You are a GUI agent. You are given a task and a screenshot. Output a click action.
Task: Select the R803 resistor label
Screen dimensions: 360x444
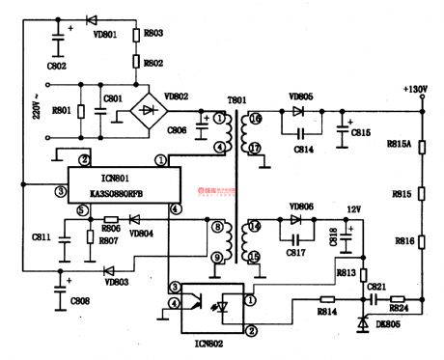[153, 34]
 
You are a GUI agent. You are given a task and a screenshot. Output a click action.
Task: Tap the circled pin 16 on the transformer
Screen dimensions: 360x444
[255, 121]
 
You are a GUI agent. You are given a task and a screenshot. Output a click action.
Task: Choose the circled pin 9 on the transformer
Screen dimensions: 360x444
[218, 257]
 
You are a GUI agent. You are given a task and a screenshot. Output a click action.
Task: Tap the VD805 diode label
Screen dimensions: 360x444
[301, 98]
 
